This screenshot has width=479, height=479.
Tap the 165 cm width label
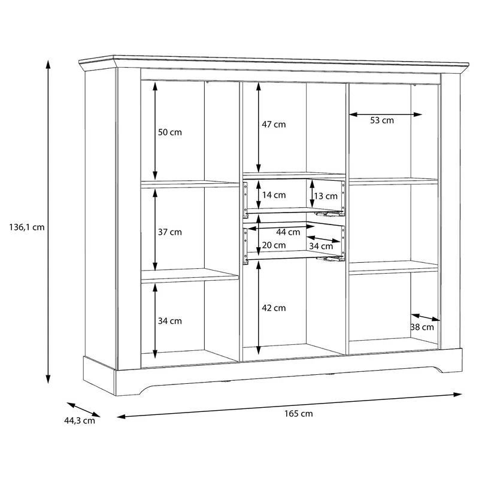tap(298, 414)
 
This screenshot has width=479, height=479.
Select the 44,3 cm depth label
tap(79, 420)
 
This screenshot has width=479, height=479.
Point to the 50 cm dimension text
tap(170, 132)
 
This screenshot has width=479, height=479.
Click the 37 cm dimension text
tap(170, 232)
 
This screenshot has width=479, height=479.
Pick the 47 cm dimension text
tap(274, 125)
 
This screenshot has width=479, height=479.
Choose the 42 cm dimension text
tap(274, 308)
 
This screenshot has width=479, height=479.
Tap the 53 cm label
tap(381, 120)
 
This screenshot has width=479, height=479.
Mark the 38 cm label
tap(423, 327)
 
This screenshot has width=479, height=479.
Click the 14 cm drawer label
tap(274, 195)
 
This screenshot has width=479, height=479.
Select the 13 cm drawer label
tap(326, 196)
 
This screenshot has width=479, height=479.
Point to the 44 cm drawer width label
tap(288, 232)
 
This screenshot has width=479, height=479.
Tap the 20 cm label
tap(274, 245)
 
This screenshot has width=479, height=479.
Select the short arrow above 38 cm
tap(424, 317)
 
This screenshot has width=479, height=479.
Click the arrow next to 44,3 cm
tap(83, 410)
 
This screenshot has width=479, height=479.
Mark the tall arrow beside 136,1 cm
tap(48, 222)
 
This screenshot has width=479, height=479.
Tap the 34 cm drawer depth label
tap(321, 246)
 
